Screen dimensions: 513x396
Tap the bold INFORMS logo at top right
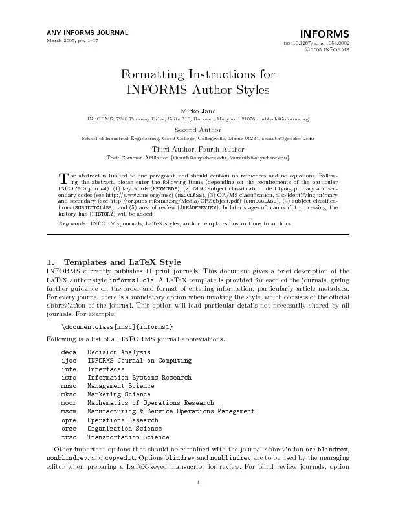325,34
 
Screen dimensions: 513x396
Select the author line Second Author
198,129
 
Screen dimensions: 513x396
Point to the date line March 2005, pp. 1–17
72,41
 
